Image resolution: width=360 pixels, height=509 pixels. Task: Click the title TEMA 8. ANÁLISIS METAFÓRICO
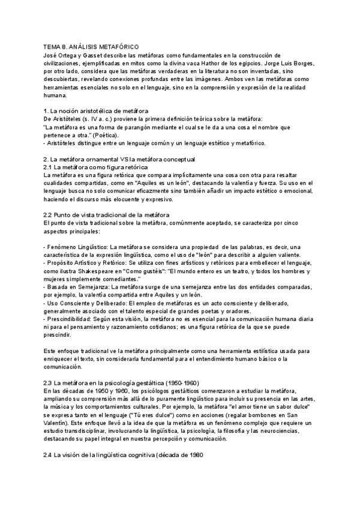point(91,47)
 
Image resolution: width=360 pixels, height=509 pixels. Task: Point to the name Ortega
point(71,55)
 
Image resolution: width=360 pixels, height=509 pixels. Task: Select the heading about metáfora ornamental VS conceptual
point(119,159)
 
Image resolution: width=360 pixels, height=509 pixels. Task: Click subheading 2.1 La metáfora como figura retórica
point(95,167)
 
